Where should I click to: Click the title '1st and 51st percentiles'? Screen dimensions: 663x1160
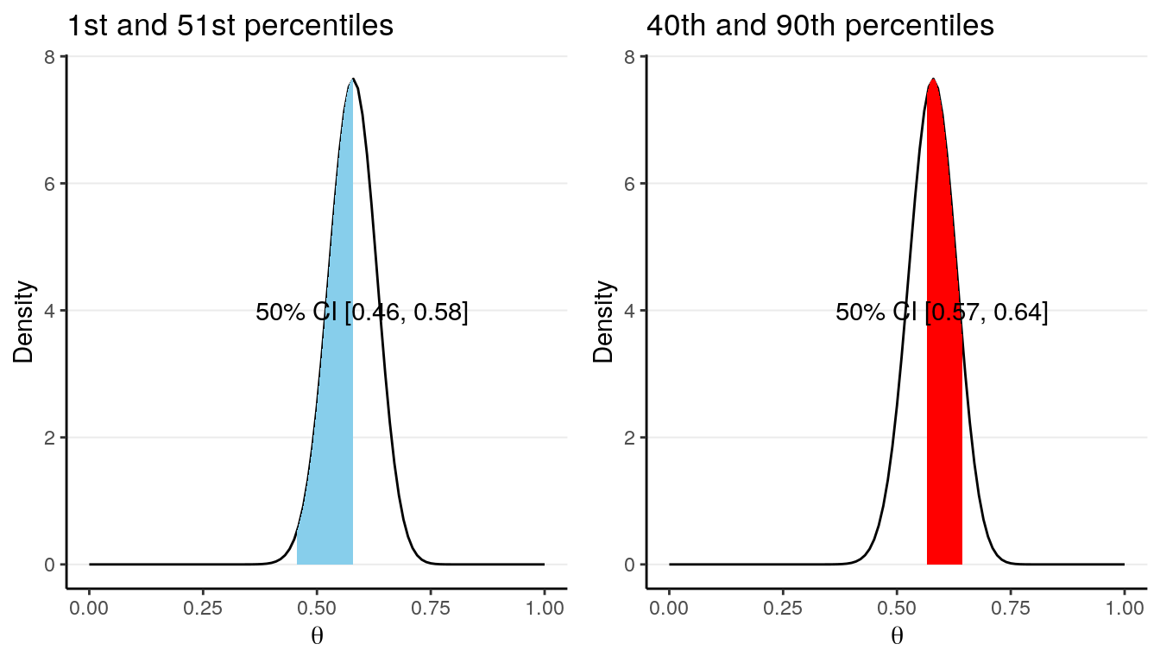pos(230,26)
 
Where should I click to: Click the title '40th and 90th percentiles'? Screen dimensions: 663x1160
pos(820,26)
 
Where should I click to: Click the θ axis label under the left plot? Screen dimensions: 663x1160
pos(317,637)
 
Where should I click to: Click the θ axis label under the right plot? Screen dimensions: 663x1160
pos(897,637)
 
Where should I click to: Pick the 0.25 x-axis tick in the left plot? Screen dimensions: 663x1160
pos(203,608)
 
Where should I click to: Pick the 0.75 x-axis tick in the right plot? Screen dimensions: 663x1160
pos(1011,608)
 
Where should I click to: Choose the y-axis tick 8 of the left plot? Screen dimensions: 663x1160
pos(51,57)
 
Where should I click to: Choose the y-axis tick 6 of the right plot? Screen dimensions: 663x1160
pos(631,184)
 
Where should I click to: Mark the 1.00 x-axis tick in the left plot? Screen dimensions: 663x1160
pos(544,608)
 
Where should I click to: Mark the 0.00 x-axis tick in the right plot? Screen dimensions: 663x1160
pos(669,608)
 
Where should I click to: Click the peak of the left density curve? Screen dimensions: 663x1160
pos(352,79)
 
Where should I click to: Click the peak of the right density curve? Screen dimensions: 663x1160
pos(932,79)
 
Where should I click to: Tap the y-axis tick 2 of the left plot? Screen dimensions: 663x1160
pos(51,438)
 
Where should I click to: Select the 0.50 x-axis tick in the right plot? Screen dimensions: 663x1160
pos(897,608)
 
